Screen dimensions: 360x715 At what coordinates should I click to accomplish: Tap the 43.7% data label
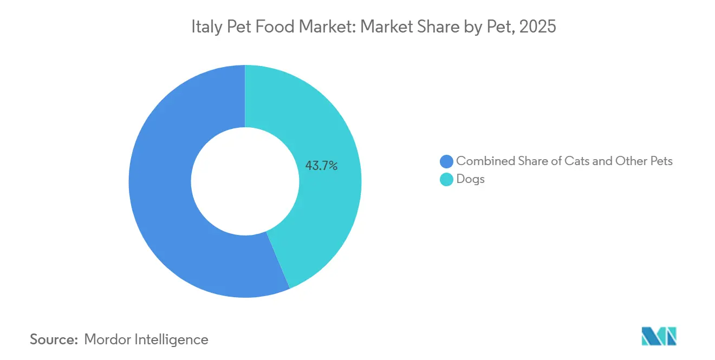pyautogui.click(x=321, y=166)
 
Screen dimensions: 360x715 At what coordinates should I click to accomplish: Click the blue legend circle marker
pyautogui.click(x=446, y=161)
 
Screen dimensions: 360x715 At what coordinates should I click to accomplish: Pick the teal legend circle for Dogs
pyautogui.click(x=446, y=179)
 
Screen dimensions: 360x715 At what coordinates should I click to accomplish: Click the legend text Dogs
pyautogui.click(x=470, y=179)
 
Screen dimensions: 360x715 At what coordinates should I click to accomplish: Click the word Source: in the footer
pyautogui.click(x=54, y=339)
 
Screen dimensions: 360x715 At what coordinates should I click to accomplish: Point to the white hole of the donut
pyautogui.click(x=245, y=181)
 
